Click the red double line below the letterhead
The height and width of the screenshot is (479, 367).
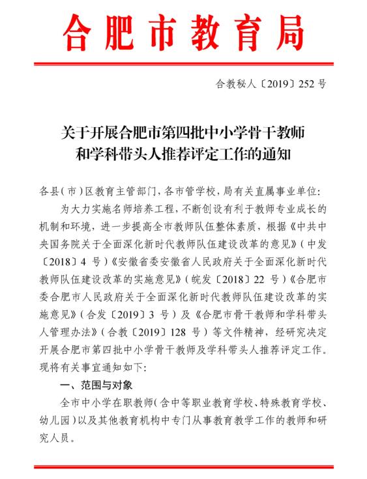coord(183,63)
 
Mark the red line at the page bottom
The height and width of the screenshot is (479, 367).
coord(183,467)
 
